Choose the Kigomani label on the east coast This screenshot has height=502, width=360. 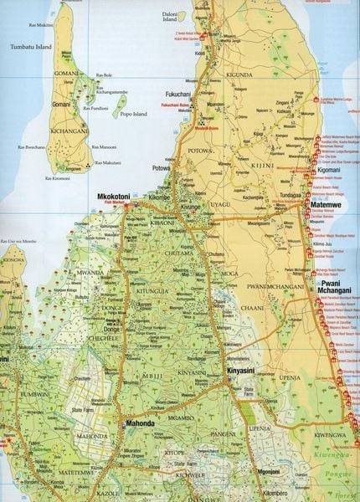[335, 169]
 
